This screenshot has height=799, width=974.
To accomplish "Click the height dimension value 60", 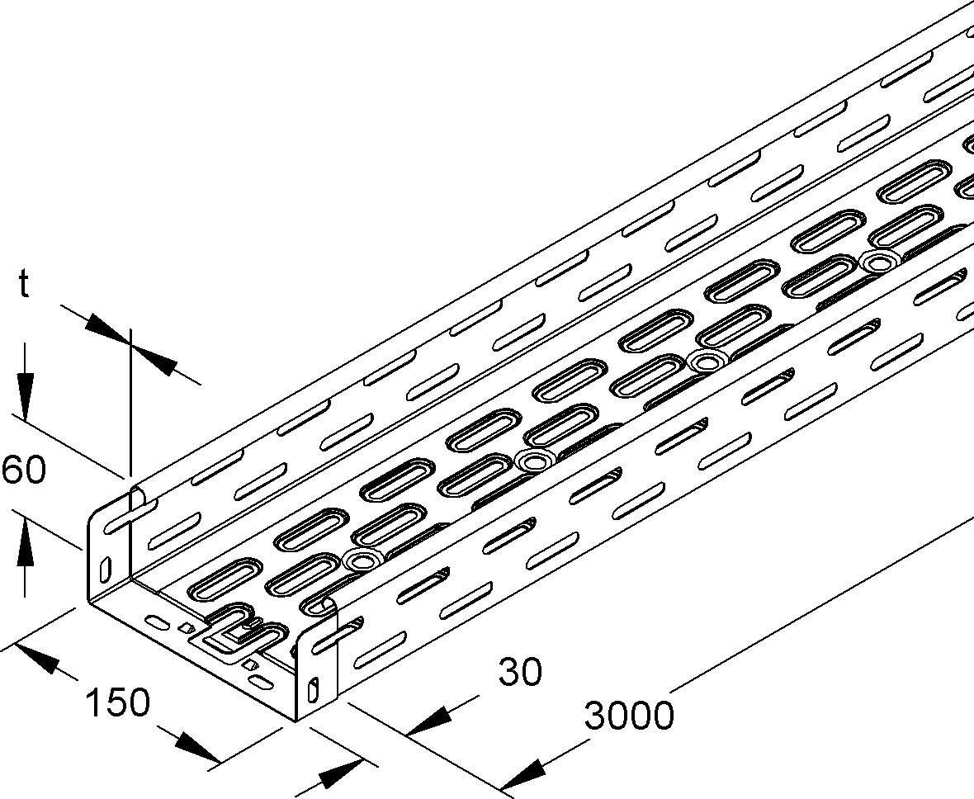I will (x=24, y=470).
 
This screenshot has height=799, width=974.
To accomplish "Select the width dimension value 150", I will (x=118, y=702).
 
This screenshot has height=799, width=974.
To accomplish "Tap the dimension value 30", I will (x=520, y=672).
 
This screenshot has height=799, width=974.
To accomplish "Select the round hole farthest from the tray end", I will (x=877, y=262).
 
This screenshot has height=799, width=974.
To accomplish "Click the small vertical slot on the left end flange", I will (x=106, y=570).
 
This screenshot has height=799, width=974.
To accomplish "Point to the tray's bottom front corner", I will (x=296, y=720).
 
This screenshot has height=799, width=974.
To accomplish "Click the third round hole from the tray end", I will (x=707, y=361).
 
